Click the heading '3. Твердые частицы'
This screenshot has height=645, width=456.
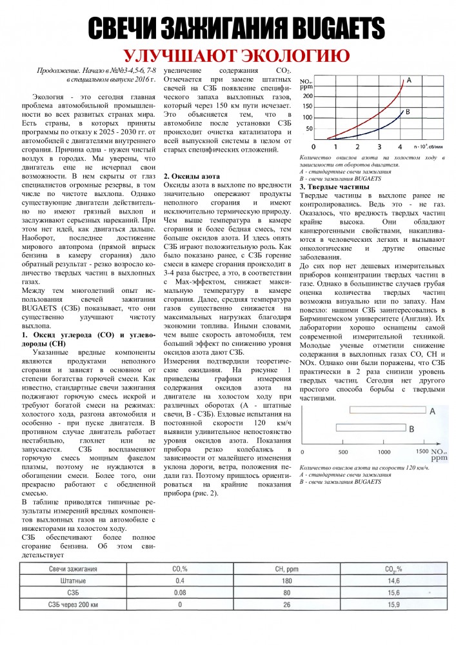pos(333,187)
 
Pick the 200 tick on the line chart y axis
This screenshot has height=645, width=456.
pos(307,94)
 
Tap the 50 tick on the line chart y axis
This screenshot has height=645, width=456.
pos(309,128)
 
